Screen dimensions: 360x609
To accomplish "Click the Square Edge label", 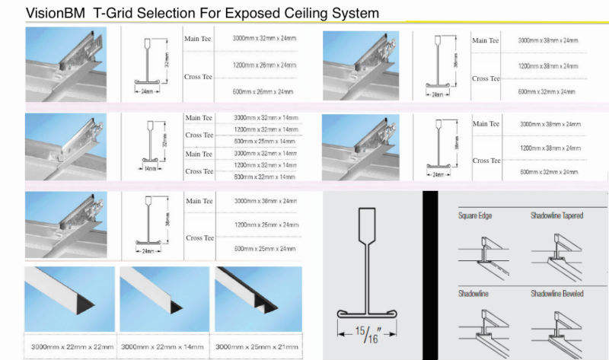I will point(475,216).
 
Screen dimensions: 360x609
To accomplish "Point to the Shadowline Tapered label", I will point(557,216).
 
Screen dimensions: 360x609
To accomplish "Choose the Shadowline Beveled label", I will point(557,293).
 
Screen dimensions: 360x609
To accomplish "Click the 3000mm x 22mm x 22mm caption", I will point(69,346).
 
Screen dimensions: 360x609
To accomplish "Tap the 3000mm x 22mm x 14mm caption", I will point(163,346).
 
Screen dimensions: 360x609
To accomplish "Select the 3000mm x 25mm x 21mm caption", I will point(257,346).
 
